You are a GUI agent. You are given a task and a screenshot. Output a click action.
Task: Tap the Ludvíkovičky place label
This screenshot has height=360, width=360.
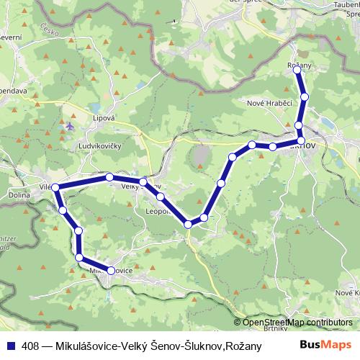pos(100,144)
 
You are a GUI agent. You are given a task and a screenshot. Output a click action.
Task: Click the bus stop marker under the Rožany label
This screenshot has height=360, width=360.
pos(297,71)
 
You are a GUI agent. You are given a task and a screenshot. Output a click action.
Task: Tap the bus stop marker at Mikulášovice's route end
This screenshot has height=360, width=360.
pos(111,271)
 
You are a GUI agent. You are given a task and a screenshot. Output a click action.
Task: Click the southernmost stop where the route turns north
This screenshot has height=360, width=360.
pos(188,224)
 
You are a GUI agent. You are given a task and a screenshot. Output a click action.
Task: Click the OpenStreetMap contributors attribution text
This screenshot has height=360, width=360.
pos(298,323)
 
